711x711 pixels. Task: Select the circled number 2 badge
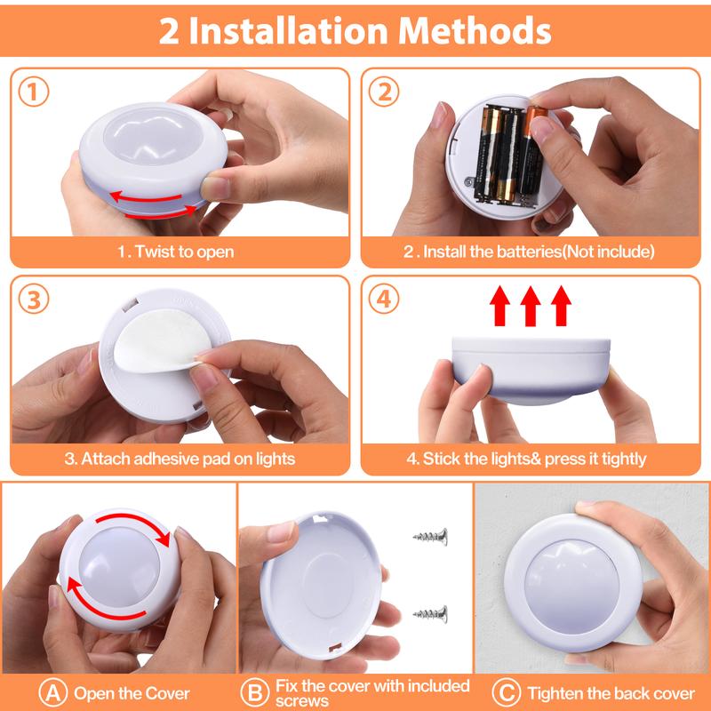pos(383,92)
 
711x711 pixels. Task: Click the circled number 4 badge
pos(383,299)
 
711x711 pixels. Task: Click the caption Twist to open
pos(176,252)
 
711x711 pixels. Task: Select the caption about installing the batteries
pos(530,252)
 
